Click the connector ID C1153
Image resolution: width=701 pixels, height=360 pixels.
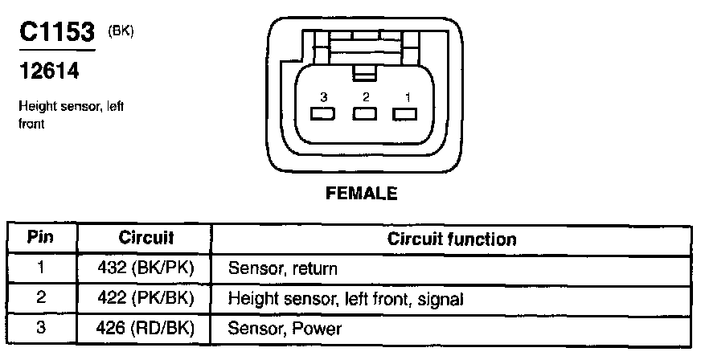point(56,33)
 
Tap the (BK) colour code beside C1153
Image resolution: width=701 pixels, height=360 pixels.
point(121,31)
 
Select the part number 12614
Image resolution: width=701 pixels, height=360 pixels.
point(48,72)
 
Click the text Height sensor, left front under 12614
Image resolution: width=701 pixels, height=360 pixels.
point(71,115)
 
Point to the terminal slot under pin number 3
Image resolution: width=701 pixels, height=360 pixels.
point(323,114)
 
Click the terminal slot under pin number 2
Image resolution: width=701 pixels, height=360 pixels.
point(366,114)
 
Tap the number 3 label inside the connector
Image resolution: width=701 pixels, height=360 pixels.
point(323,97)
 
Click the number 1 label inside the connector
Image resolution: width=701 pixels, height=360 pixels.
point(408,97)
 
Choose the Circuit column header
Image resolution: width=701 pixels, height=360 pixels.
point(146,239)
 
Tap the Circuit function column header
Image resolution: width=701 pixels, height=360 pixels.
point(452,239)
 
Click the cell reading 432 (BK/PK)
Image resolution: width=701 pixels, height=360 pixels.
point(146,268)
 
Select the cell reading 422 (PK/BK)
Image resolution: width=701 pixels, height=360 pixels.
point(146,299)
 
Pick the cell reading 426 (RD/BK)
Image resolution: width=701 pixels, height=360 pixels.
point(146,329)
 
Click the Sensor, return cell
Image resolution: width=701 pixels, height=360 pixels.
point(283,268)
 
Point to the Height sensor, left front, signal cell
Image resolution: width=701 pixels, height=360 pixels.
point(346,299)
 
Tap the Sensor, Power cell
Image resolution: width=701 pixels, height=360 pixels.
point(285,329)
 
